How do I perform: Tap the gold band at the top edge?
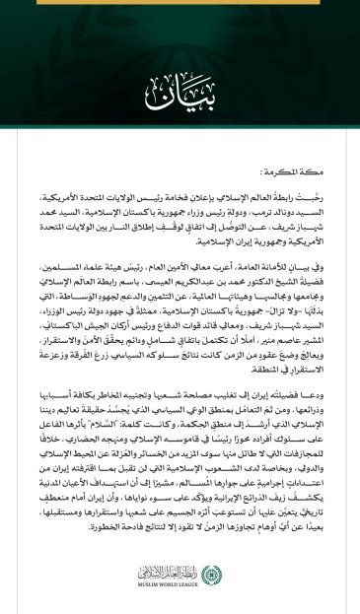(x=180, y=4)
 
